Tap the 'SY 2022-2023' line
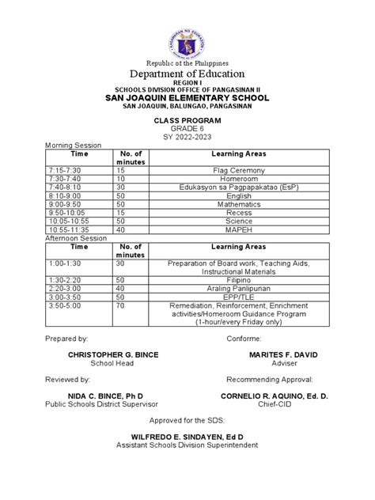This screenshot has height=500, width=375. pos(187,138)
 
